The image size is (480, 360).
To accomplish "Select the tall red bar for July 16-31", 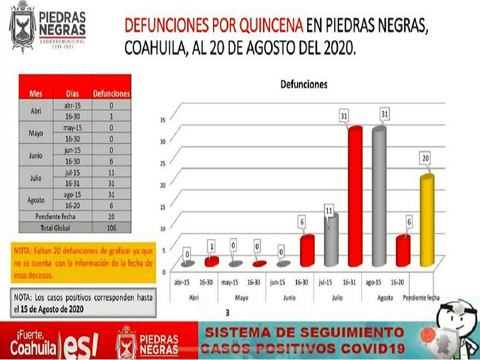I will [355, 198].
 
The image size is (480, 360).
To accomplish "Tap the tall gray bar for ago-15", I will [379, 198].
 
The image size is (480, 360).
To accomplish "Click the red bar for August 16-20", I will [402, 251].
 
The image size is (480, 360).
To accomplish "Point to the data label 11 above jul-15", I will [329, 211].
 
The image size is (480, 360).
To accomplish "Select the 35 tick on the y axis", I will [163, 120].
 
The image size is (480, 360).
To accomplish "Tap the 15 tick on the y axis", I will [163, 207].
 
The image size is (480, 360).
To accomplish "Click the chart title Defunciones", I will [304, 85].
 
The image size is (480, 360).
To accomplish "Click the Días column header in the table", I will [72, 94].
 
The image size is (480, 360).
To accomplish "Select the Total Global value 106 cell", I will [111, 228].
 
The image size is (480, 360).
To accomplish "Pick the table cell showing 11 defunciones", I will [111, 172].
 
